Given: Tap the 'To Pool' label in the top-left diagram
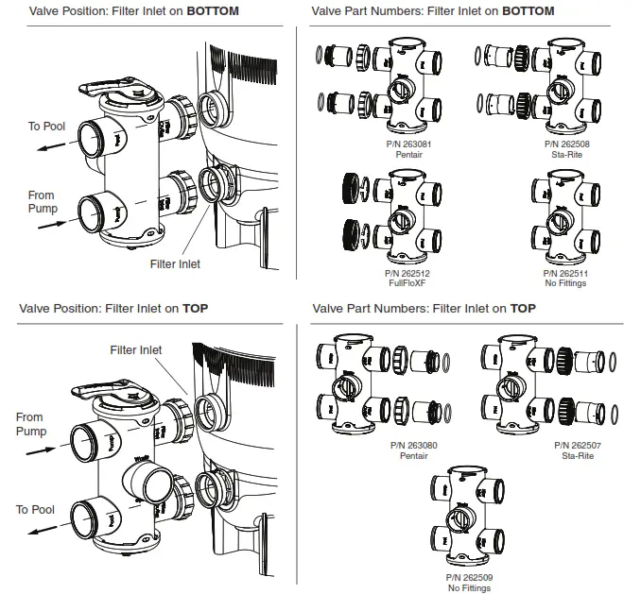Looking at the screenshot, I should (x=46, y=126).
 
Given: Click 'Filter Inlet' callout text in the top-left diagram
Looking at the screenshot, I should (x=176, y=264).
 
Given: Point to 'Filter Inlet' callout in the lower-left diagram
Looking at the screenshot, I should (x=135, y=349).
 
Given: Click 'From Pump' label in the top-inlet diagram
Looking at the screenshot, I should (x=29, y=423).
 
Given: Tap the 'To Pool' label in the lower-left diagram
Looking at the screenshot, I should (x=35, y=510).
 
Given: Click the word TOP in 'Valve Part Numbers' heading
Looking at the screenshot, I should (x=523, y=308).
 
